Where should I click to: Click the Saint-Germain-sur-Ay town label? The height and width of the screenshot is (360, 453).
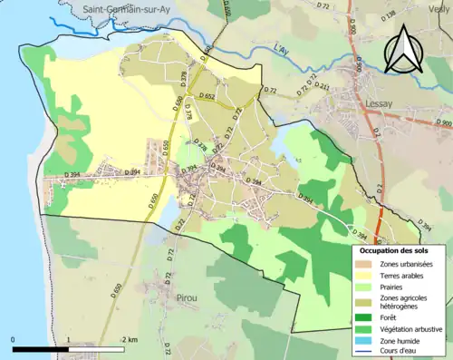point(125,10)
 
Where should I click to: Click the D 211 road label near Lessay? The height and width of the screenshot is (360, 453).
point(322,87)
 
